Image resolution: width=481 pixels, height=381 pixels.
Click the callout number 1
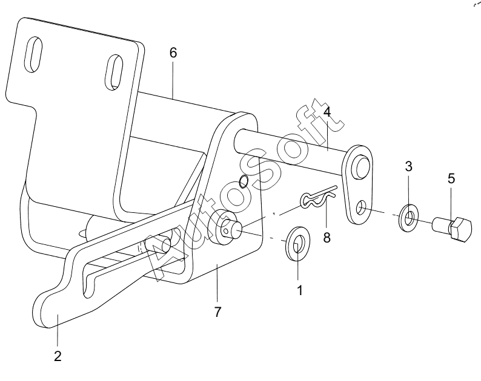(x=300, y=290)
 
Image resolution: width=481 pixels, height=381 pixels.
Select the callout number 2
(x=58, y=356)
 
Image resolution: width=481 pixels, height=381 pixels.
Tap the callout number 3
(x=408, y=166)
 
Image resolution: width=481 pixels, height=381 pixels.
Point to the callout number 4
(x=327, y=112)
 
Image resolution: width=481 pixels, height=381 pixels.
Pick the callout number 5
(x=451, y=178)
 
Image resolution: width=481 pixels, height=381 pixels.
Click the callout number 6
(x=173, y=53)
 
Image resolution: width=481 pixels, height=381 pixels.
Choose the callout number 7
(x=217, y=312)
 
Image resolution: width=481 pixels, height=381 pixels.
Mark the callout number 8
(x=327, y=237)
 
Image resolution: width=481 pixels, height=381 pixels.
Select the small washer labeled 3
(x=409, y=218)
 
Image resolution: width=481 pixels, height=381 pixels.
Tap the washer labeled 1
(x=297, y=244)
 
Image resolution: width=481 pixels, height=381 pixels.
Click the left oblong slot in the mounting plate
(x=33, y=55)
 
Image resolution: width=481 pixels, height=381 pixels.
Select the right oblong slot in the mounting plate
(x=114, y=73)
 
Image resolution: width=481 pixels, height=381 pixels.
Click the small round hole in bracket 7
(x=244, y=181)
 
